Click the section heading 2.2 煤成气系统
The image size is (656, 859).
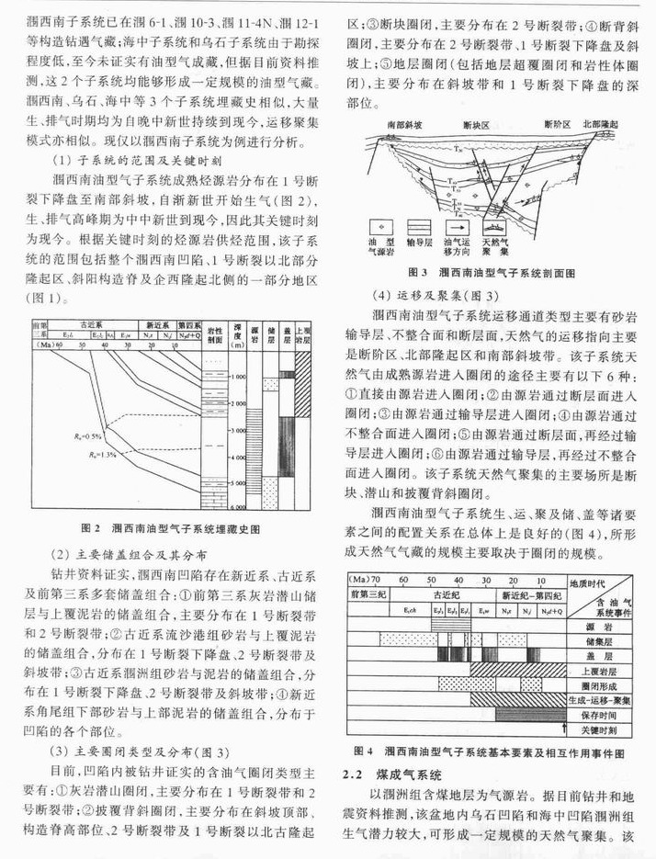pos(391,775)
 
